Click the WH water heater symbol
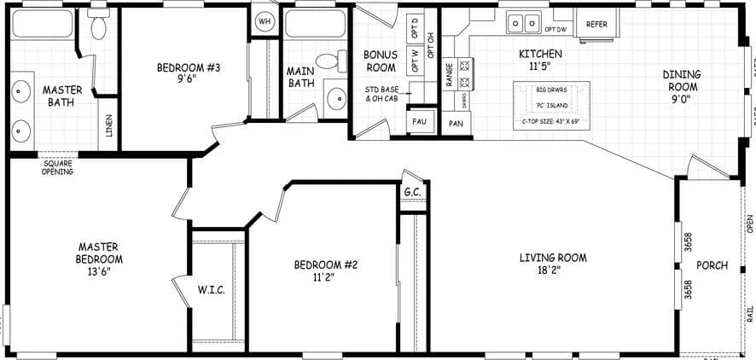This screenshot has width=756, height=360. click(x=264, y=20)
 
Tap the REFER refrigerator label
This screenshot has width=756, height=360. click(x=596, y=24)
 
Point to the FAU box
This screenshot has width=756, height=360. click(x=419, y=121)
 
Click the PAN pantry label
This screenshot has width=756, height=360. click(x=457, y=123)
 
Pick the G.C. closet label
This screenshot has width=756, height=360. click(x=414, y=192)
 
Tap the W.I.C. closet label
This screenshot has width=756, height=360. click(x=211, y=290)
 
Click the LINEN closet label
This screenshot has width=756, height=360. click(x=108, y=125)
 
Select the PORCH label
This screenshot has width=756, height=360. click(x=712, y=265)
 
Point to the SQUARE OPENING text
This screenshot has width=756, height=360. click(x=57, y=167)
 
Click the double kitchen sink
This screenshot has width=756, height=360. click(x=523, y=20)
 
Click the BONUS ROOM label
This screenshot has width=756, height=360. click(x=380, y=61)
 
